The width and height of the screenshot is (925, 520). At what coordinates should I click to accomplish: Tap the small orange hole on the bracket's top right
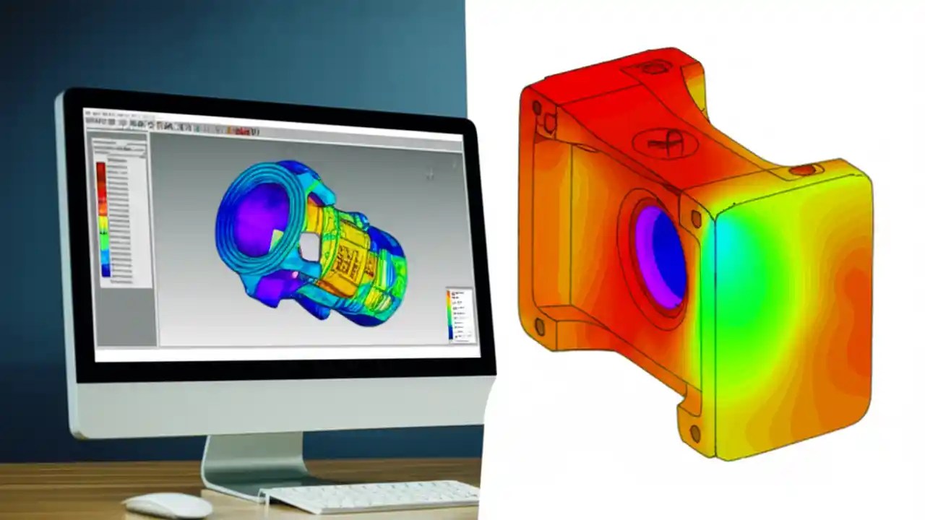pos(802,170)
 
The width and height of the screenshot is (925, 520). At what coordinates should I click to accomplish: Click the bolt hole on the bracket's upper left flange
pos(537,109)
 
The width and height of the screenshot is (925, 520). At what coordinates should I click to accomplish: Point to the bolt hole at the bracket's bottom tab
pos(694,433)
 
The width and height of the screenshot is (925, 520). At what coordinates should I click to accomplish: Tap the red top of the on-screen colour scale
pos(102,168)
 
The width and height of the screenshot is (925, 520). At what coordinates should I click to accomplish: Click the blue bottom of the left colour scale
pos(106,270)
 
